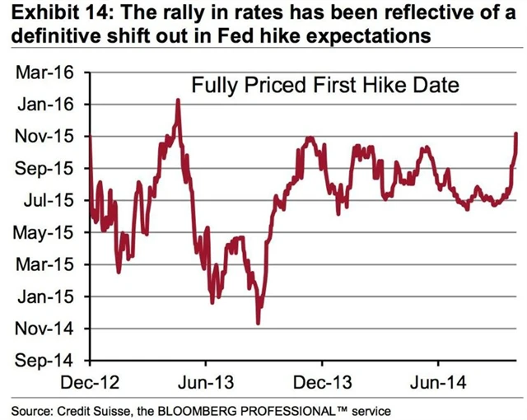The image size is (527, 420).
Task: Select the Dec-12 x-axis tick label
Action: [90, 383]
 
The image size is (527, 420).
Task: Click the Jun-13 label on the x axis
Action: [205, 383]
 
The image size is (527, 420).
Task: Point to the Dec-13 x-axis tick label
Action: [322, 383]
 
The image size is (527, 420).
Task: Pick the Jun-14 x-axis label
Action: [437, 383]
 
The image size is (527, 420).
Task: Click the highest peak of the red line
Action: [177, 100]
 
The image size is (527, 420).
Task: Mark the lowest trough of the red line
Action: [259, 323]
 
